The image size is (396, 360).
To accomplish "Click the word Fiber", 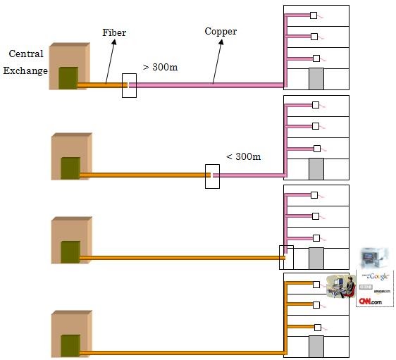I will pyautogui.click(x=115, y=32).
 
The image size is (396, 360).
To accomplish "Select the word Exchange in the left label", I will pyautogui.click(x=25, y=70).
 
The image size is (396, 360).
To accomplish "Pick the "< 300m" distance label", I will pyautogui.click(x=243, y=156).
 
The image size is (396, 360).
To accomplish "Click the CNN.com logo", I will pyautogui.click(x=370, y=301).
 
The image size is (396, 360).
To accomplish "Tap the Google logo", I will pyautogui.click(x=374, y=275).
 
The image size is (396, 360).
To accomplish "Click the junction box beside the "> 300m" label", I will pyautogui.click(x=129, y=85).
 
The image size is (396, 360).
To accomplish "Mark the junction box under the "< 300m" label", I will pyautogui.click(x=212, y=175).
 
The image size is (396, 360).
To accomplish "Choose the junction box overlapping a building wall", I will pyautogui.click(x=286, y=257).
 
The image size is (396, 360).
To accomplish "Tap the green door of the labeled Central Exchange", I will pyautogui.click(x=68, y=77).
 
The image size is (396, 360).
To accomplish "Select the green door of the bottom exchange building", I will pyautogui.click(x=70, y=345).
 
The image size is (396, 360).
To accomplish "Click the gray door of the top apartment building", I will pyautogui.click(x=316, y=77).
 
